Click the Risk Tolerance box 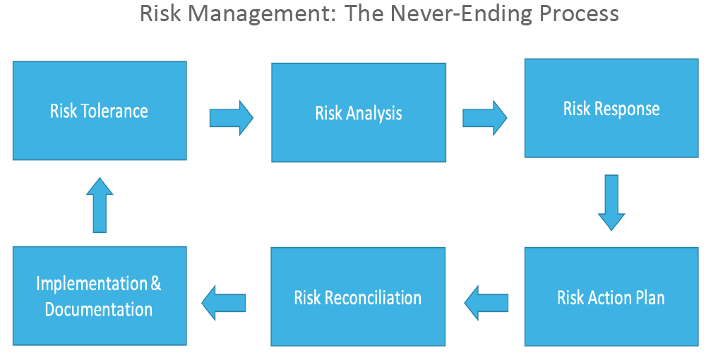(100, 111)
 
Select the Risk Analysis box (359, 113)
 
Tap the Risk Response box (611, 108)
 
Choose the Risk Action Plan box (611, 296)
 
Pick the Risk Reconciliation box (358, 296)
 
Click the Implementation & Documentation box (100, 296)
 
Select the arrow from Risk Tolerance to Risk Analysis (232, 118)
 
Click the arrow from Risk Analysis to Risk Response (485, 118)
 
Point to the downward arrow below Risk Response (611, 203)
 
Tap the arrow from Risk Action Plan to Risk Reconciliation (486, 303)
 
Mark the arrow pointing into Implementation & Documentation (224, 303)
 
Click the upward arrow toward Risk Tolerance (100, 205)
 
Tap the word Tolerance (114, 112)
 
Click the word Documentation (98, 310)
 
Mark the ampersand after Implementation (156, 284)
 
